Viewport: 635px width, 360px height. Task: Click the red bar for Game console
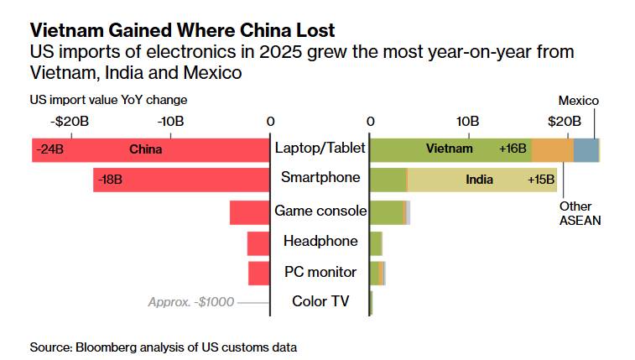pos(249,212)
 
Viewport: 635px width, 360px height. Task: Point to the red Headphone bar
pos(258,243)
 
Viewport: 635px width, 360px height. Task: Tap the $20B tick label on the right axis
pos(565,121)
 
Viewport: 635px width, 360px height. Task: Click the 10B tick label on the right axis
pos(467,121)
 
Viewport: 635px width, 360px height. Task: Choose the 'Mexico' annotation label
pos(579,101)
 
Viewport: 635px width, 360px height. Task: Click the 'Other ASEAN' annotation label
pos(576,213)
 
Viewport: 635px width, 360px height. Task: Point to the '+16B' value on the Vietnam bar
pos(513,149)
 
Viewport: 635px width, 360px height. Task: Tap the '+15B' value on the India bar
pos(541,180)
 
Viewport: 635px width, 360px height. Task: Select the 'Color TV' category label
pos(320,301)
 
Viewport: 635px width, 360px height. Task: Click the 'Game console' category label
pos(320,210)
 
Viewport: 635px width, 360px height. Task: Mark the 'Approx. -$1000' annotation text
pos(191,302)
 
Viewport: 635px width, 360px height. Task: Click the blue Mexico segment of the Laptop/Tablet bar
pos(586,149)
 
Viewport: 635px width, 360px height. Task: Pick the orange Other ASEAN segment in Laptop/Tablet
pos(553,149)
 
